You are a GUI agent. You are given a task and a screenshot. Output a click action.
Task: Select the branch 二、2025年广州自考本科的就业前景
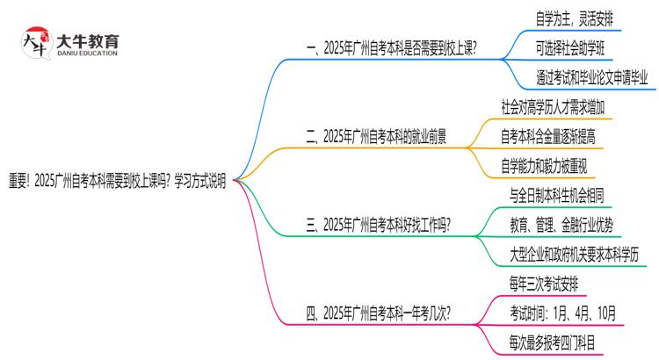click(x=375, y=136)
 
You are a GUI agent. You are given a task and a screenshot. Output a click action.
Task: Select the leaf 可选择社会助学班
click(x=576, y=47)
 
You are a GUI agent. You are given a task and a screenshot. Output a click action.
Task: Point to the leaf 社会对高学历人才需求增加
click(x=552, y=106)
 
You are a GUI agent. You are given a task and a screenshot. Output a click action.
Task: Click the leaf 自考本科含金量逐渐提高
click(x=548, y=136)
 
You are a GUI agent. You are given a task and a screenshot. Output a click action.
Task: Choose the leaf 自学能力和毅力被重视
click(x=543, y=166)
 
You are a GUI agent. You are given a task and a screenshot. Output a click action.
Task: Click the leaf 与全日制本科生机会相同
click(x=556, y=194)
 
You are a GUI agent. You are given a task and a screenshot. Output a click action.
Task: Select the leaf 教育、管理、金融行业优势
click(x=561, y=224)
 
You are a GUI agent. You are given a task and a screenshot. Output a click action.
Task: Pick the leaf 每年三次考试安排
click(x=544, y=284)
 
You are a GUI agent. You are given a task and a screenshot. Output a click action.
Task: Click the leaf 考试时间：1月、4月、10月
click(x=562, y=313)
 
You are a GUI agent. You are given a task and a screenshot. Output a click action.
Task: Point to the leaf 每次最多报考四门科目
click(x=552, y=342)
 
